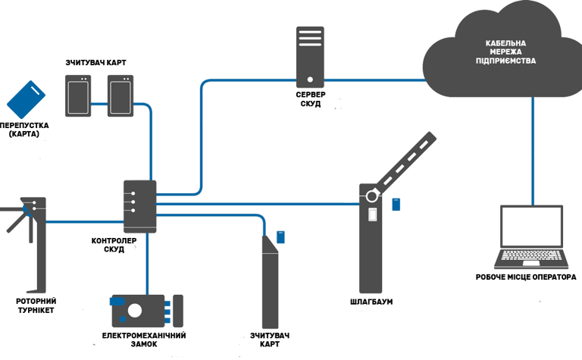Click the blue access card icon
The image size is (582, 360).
tap(27, 99)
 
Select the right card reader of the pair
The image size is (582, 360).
tap(120, 95)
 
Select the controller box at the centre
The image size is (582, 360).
tap(140, 205)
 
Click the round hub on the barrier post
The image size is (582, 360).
tap(372, 196)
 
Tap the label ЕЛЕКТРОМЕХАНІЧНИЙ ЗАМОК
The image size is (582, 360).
tap(144, 339)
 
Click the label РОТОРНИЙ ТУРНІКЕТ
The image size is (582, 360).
tap(35, 305)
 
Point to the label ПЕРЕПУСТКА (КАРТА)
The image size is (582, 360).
tap(26, 130)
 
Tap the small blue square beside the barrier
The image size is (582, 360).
tap(397, 203)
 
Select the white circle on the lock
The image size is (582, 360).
tap(136, 310)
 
